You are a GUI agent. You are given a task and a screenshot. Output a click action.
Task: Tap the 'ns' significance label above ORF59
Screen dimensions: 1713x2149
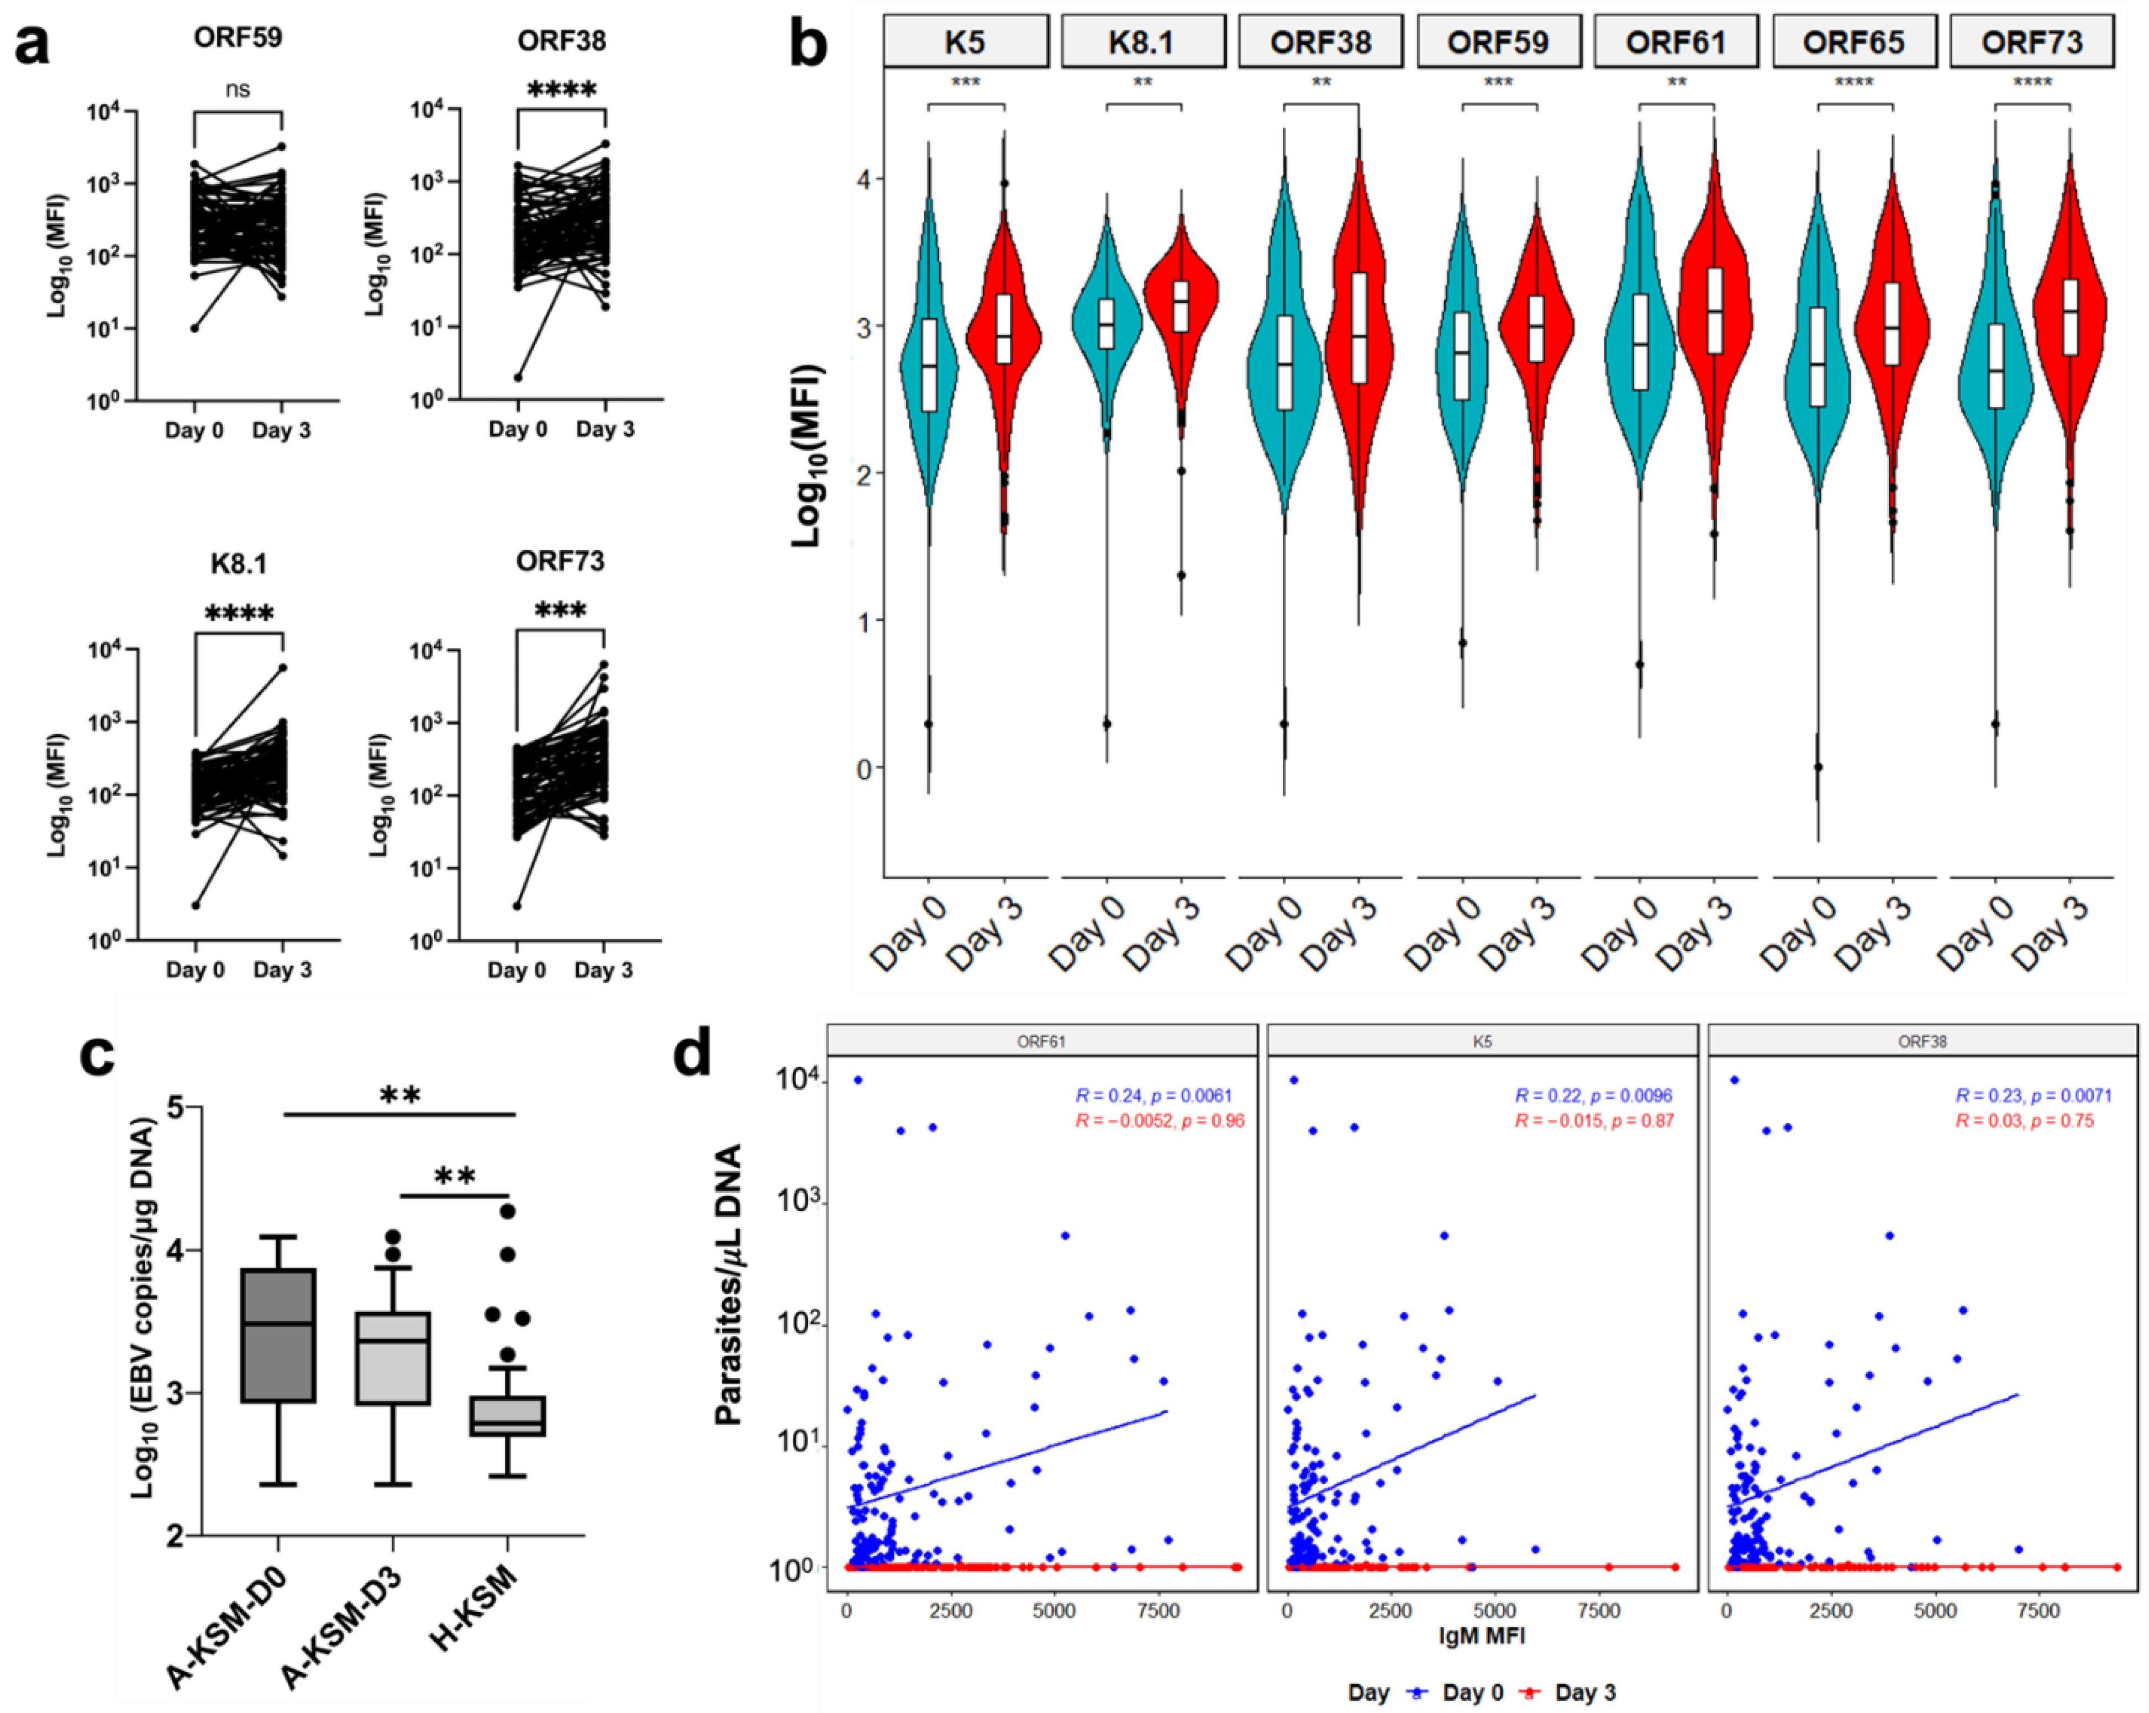237,89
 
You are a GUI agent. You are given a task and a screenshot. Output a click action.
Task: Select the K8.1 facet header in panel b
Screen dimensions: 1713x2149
1142,42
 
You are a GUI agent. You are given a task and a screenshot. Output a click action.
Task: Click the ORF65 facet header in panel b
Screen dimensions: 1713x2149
1853,42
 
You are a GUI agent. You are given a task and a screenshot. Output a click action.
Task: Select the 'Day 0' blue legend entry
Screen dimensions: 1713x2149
1463,1692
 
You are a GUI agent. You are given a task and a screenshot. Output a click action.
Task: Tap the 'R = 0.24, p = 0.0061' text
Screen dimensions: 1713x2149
1159,1096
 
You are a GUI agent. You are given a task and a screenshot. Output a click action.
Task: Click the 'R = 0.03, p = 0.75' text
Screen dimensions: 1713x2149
2024,1121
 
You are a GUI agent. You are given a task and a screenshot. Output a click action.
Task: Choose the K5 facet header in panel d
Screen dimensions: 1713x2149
1482,1041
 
